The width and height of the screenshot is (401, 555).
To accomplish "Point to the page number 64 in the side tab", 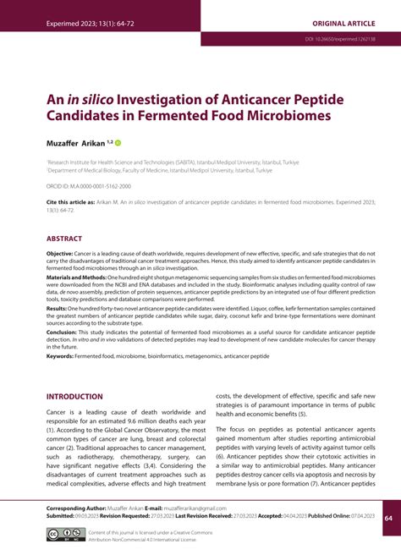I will pos(387,518).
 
